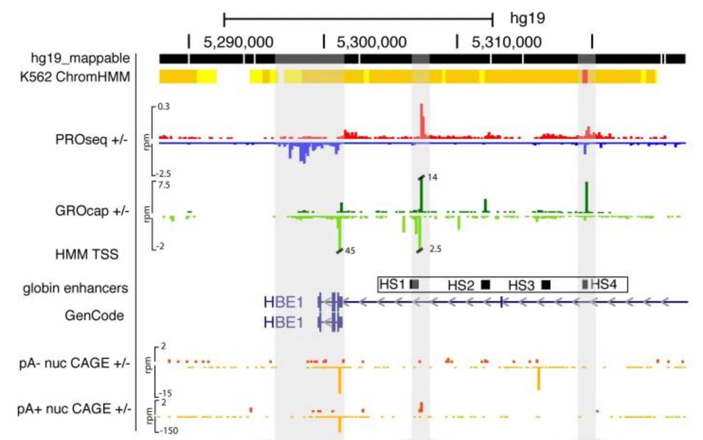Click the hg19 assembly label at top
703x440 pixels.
527,18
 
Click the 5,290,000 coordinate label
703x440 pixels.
238,42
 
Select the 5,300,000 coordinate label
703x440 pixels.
371,42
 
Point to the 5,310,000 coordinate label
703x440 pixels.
507,42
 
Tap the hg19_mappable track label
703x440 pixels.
80,58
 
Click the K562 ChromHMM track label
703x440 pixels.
75,77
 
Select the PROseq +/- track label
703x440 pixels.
91,140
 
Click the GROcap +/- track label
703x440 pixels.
92,211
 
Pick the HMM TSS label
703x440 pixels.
87,254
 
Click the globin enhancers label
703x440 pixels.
75,288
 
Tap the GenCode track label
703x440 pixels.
94,315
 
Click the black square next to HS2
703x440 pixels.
485,284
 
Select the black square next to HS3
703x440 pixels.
546,285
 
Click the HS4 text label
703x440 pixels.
604,284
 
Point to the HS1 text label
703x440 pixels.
392,284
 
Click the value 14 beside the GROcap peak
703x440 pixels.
432,177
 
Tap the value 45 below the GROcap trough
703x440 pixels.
350,251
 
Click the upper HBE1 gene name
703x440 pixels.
283,302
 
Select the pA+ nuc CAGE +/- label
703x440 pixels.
74,409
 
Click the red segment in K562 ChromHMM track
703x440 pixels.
585,76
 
